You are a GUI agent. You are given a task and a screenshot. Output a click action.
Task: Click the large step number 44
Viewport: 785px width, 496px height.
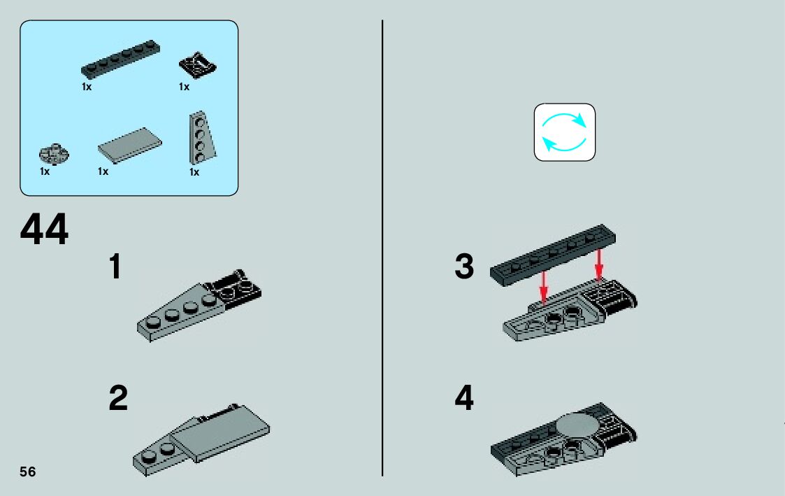click(x=44, y=229)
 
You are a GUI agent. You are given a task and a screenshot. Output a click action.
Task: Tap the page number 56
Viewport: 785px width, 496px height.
click(x=28, y=472)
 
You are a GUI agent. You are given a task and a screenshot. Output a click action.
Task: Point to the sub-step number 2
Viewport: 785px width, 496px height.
click(x=118, y=398)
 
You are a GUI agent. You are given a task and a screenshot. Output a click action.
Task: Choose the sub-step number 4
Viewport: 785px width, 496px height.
click(x=464, y=398)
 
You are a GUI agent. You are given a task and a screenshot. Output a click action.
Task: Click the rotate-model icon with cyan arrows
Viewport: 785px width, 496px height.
click(x=565, y=132)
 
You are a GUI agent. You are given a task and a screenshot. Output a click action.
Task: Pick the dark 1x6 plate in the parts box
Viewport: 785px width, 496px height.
click(x=121, y=59)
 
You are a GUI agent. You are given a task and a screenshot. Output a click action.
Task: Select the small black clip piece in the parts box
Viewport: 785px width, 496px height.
click(x=198, y=64)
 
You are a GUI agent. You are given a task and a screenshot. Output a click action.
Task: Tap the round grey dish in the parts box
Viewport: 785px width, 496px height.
click(x=54, y=154)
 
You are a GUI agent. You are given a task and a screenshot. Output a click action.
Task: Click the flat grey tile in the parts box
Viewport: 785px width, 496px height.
click(x=129, y=146)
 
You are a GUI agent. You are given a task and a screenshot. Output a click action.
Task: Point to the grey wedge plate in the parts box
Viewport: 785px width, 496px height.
click(x=202, y=138)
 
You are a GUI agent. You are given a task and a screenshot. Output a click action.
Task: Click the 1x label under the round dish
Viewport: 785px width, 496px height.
click(x=45, y=171)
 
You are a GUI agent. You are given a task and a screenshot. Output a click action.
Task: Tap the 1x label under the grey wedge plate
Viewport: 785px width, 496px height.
click(x=194, y=172)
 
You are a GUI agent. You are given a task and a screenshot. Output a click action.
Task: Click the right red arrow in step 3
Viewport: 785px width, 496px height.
click(x=599, y=264)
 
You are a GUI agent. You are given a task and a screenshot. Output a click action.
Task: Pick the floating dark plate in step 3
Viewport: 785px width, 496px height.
click(x=553, y=255)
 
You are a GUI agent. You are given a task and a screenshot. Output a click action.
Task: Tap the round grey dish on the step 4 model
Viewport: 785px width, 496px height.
click(x=579, y=426)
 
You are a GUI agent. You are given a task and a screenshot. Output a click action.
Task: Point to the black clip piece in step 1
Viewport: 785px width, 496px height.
click(x=234, y=287)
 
